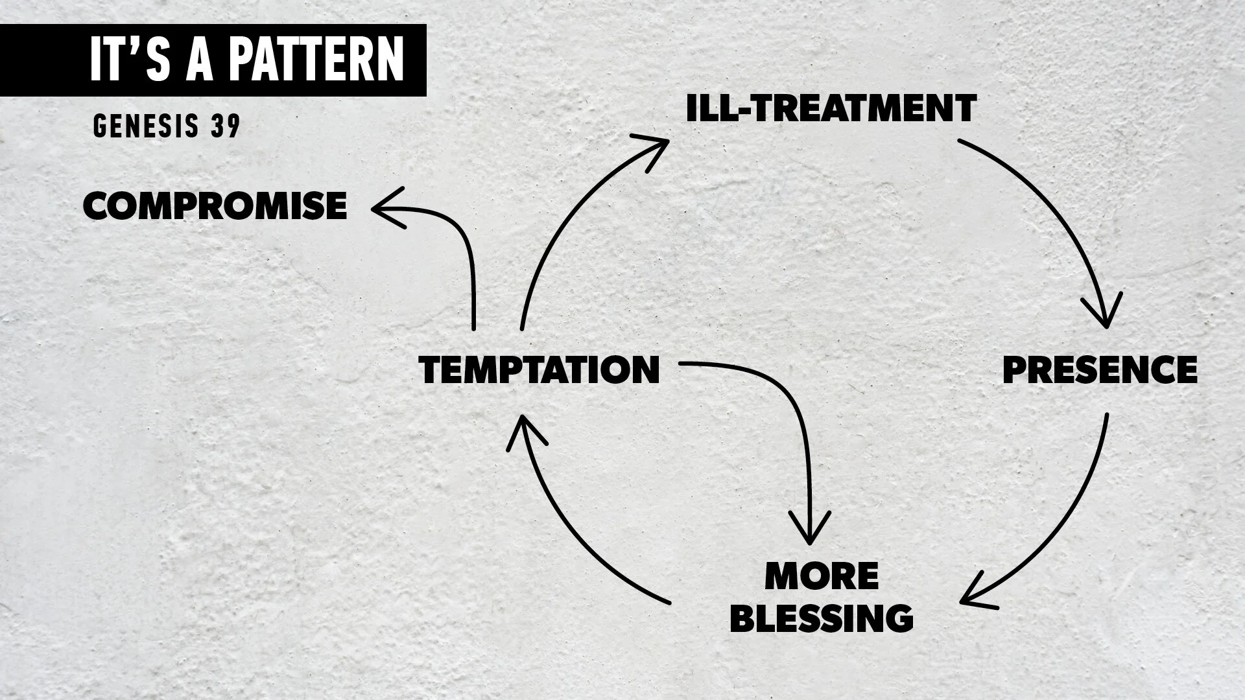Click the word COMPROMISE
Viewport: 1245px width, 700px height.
(215, 207)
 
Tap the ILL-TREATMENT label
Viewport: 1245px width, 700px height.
(831, 108)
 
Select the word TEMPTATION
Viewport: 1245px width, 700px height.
(539, 370)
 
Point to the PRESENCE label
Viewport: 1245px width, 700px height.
(1100, 370)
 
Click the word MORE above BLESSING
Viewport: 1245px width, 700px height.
(822, 576)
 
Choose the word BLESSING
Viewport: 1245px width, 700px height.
(822, 618)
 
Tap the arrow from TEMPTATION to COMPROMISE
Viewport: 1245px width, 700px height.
(464, 240)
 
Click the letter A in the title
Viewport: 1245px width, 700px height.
(198, 59)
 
